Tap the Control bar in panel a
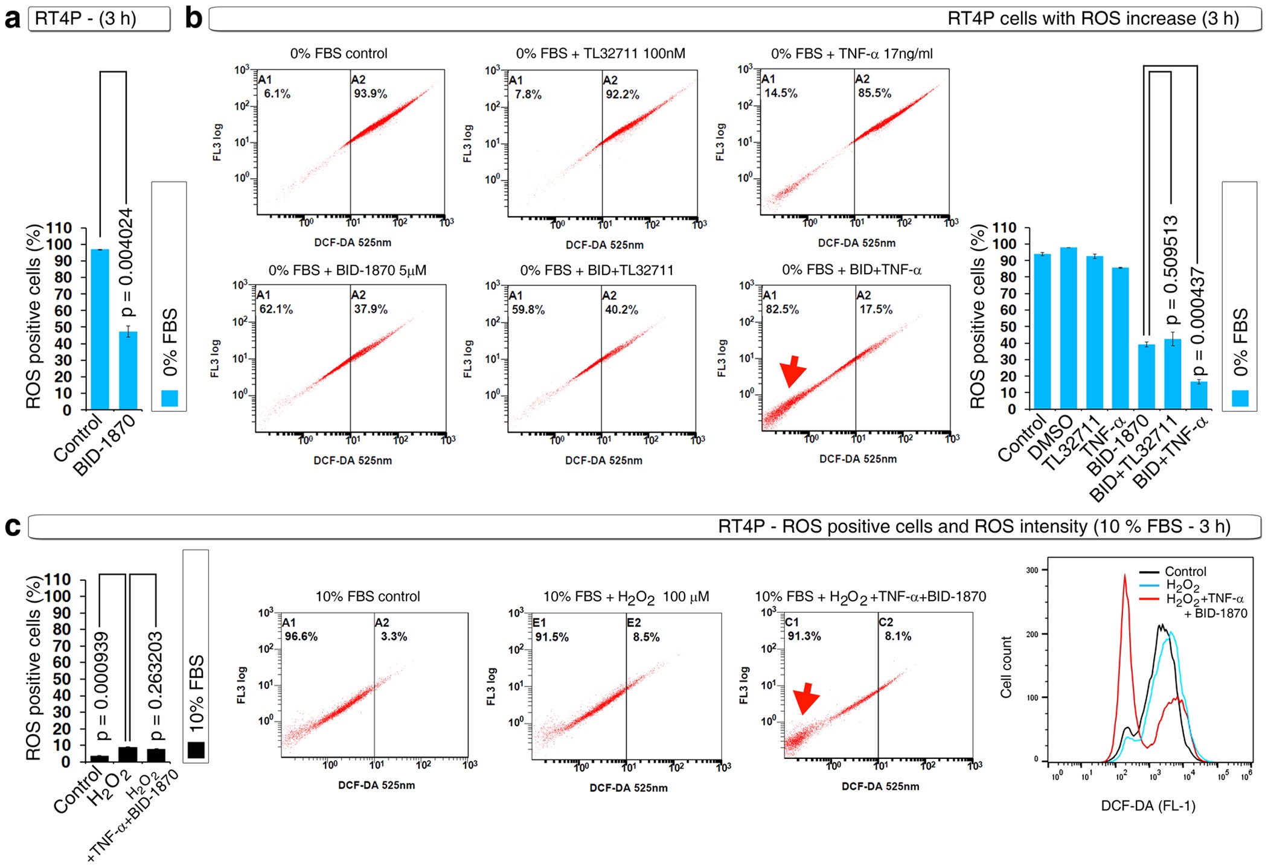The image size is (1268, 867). [x=100, y=329]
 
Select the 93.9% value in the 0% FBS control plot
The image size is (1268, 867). [x=370, y=94]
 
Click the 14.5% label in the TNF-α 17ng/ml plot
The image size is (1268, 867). [x=780, y=94]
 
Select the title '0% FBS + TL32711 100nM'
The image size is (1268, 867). [x=600, y=54]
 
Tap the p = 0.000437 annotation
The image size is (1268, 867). [x=1198, y=323]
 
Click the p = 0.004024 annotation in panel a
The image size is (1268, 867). [x=126, y=263]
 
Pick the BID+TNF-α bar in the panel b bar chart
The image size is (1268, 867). [x=1199, y=395]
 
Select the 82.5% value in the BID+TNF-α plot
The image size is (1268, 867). [x=782, y=310]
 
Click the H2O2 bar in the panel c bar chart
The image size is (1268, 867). [x=128, y=754]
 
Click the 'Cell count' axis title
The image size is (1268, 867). [x=1006, y=667]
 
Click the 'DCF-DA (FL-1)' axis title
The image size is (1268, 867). [x=1148, y=805]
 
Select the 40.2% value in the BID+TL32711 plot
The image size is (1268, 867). [x=621, y=310]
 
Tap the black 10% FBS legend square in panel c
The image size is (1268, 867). [x=196, y=749]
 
